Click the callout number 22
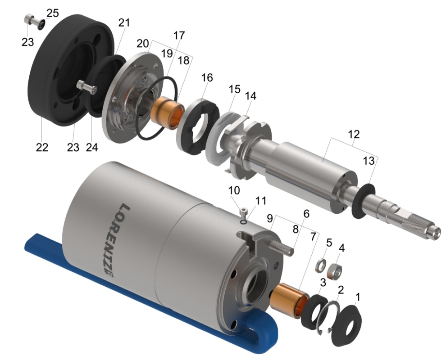pyautogui.click(x=42, y=147)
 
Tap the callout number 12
pyautogui.click(x=354, y=134)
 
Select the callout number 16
pyautogui.click(x=207, y=77)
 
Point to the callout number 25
pyautogui.click(x=53, y=13)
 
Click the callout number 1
pyautogui.click(x=358, y=297)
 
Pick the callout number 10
pyautogui.click(x=234, y=190)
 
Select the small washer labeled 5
pyautogui.click(x=321, y=265)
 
